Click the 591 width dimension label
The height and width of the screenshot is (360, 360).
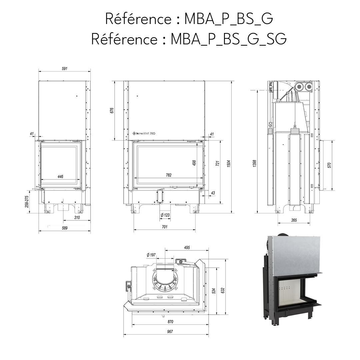(x=65, y=69)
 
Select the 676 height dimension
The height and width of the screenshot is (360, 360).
(x=112, y=111)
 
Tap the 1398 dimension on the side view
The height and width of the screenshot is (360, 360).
(x=255, y=163)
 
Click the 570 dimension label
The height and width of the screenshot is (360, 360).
(x=329, y=165)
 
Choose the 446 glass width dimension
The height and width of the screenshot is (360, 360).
(x=60, y=176)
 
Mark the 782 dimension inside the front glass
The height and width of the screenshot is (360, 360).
(x=169, y=175)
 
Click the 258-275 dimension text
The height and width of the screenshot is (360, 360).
(x=27, y=201)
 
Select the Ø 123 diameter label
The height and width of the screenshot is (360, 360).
(x=165, y=215)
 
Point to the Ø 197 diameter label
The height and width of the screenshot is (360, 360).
(x=151, y=255)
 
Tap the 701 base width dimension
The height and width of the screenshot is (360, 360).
(x=164, y=227)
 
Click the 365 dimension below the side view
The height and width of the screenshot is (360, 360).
(x=294, y=220)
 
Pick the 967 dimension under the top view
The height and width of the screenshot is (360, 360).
(x=170, y=332)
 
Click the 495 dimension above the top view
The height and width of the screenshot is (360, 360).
(x=187, y=247)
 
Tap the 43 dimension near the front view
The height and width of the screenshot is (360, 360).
(x=213, y=193)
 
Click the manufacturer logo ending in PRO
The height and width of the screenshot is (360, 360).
(x=144, y=133)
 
